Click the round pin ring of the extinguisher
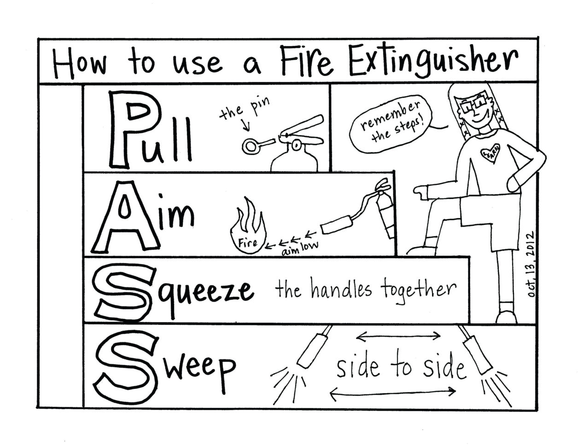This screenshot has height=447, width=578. (251, 146)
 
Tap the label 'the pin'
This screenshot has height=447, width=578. (244, 110)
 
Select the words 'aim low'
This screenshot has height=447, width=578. (300, 247)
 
